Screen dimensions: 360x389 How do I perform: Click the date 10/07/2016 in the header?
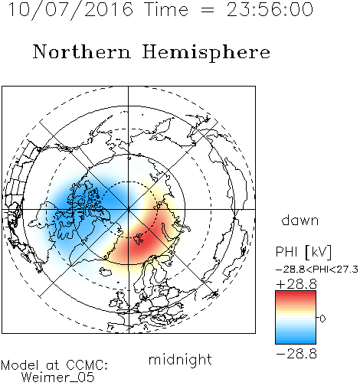pos(70,10)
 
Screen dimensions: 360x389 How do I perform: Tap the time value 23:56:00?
pos(270,9)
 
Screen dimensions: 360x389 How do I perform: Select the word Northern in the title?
pos(82,51)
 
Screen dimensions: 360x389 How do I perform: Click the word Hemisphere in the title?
pos(206,53)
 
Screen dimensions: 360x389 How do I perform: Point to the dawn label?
pos(300,220)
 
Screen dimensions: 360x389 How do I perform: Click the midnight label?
pos(180,359)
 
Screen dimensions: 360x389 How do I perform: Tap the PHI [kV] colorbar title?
pos(303,252)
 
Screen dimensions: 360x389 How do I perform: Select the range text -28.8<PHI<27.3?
pos(317,270)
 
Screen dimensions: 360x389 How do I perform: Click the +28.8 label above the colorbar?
pos(296,284)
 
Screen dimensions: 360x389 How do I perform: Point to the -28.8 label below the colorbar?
pos(296,354)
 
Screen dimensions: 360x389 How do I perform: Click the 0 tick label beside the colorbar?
pos(322,319)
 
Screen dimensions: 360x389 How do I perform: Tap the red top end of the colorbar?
pos(296,293)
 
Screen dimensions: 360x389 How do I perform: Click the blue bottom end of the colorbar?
pos(296,342)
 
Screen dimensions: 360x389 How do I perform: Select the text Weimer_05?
pos(58,378)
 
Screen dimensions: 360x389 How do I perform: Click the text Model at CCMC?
pos(54,365)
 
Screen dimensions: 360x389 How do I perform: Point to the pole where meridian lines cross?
pos(128,209)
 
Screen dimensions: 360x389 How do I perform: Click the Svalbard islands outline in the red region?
pos(139,238)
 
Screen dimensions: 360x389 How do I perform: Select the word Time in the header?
pos(166,10)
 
